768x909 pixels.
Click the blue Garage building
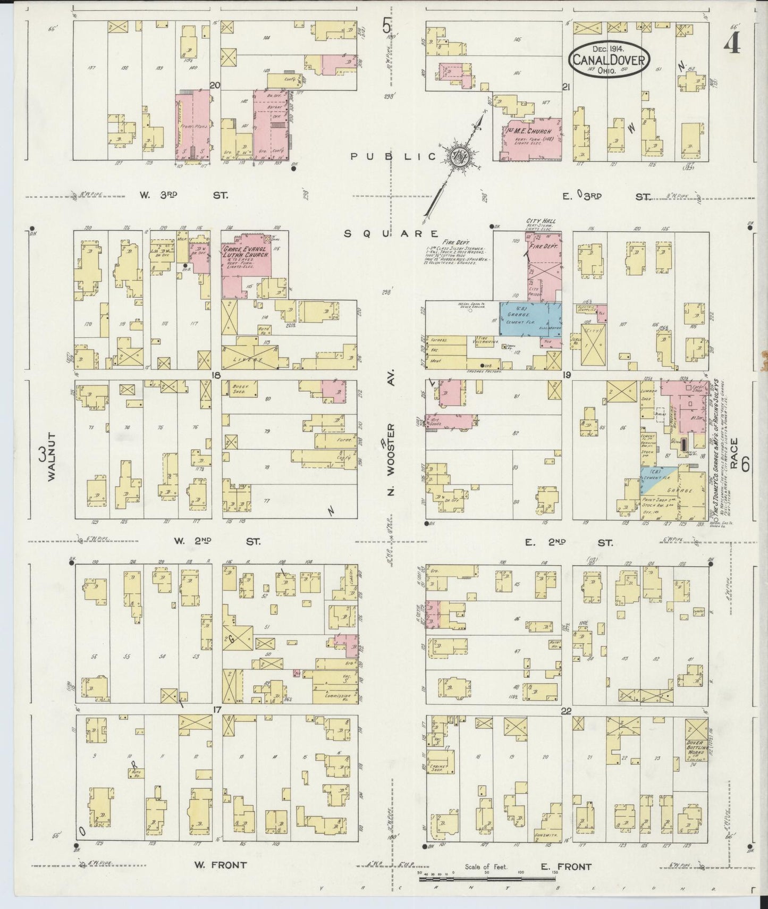[530, 318]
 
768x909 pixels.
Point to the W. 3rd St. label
[183, 195]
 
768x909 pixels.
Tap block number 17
[216, 709]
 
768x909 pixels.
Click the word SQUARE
[391, 233]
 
